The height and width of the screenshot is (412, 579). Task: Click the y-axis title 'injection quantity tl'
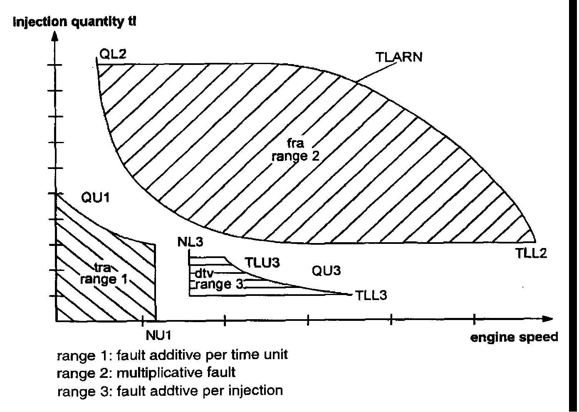point(74,22)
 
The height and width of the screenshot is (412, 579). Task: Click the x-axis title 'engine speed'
point(514,337)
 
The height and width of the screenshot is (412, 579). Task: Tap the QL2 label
point(112,54)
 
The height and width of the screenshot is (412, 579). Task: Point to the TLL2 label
point(531,253)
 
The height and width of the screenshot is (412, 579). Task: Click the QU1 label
point(95,197)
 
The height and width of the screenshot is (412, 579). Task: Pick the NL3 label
point(190,242)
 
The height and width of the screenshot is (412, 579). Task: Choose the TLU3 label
point(262,263)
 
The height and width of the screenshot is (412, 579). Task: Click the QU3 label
point(326,271)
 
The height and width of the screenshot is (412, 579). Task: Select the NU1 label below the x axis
point(158,335)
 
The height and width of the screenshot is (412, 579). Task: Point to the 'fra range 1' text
point(103,274)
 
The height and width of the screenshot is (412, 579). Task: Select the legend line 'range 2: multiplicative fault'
point(146,372)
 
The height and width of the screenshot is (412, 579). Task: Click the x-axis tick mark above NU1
point(143,320)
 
